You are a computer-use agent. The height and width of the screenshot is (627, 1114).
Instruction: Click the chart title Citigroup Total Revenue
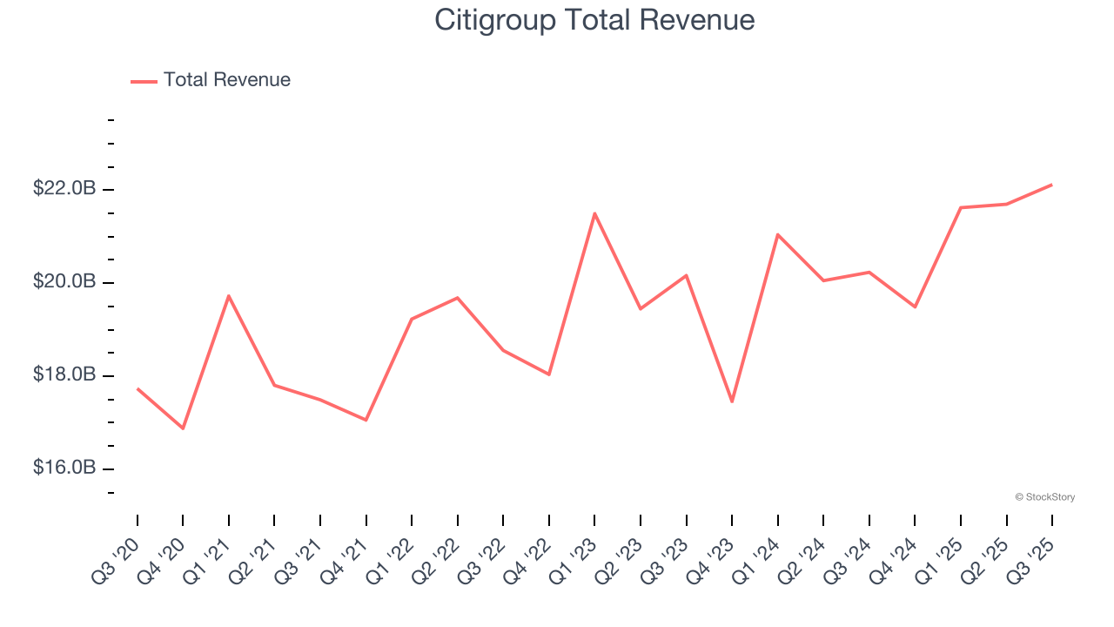pos(594,20)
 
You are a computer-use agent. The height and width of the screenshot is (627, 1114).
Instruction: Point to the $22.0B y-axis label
pos(64,189)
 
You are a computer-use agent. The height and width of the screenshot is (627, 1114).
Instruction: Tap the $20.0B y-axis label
pos(64,282)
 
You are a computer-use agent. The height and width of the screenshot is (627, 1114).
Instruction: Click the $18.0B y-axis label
pos(64,375)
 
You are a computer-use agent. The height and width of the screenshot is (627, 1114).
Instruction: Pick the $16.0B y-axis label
pos(64,469)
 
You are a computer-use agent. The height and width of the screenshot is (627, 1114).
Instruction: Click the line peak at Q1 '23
pos(594,213)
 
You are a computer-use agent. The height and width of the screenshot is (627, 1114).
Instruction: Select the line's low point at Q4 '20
pos(183,428)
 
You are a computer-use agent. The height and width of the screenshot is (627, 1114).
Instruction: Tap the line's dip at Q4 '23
pos(732,401)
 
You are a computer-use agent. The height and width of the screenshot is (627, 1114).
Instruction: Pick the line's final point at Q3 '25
pos(1052,185)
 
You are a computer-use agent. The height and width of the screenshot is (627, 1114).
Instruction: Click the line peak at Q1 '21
pos(228,296)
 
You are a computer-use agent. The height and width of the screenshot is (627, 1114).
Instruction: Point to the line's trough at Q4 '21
pos(366,420)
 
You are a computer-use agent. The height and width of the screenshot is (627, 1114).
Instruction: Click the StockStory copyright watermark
pos(1044,497)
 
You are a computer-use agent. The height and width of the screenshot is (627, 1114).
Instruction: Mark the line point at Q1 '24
pos(777,234)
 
